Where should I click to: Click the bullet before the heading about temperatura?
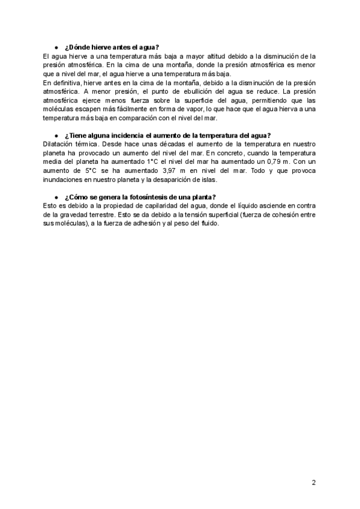tap(56, 136)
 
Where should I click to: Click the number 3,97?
tap(173, 171)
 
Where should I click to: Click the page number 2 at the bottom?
tap(314, 482)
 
